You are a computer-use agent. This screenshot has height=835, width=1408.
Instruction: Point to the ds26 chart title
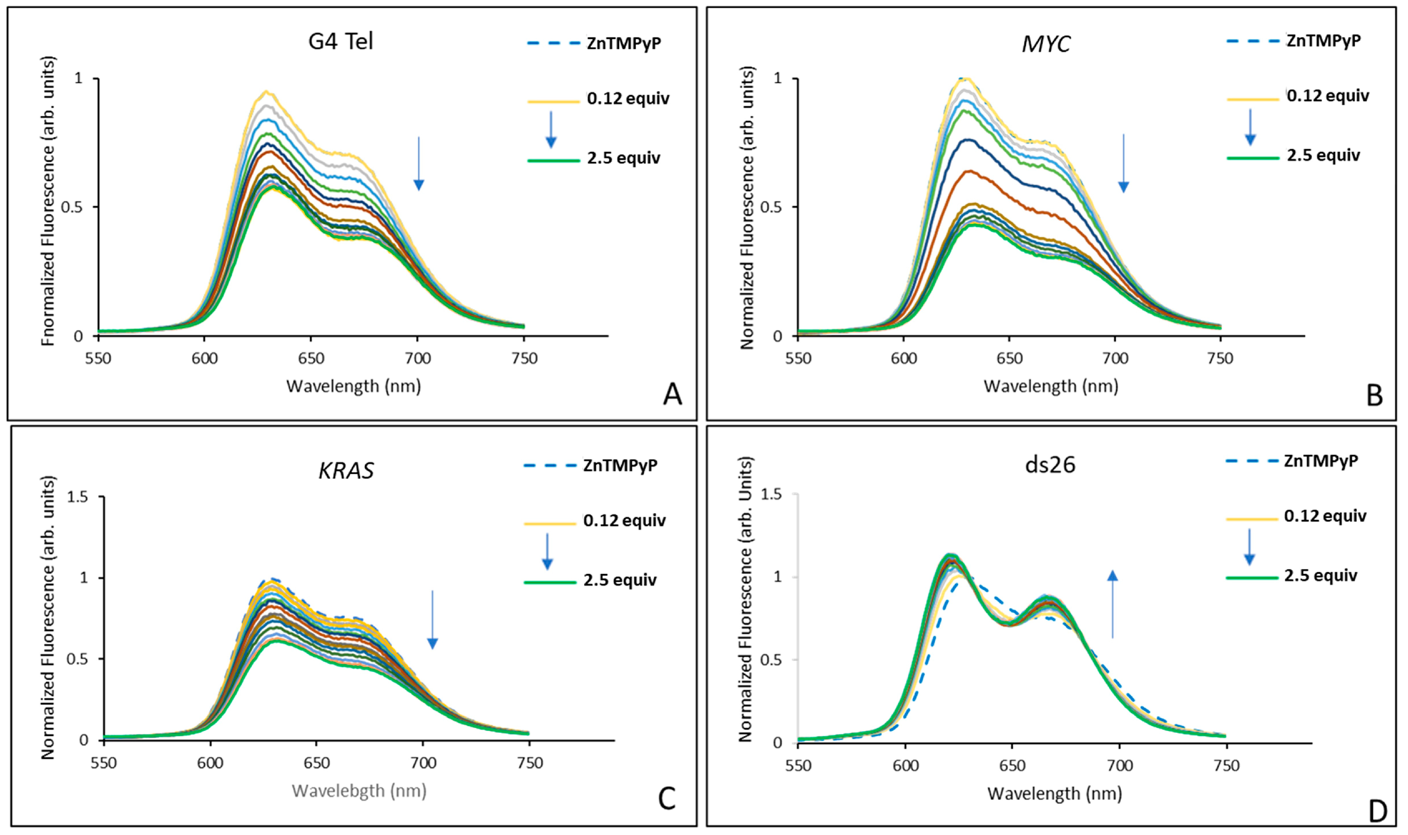pos(1050,465)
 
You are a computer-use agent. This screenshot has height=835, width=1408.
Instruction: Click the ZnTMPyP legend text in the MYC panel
pos(1324,41)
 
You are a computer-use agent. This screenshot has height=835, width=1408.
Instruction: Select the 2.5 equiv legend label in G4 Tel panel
pos(624,158)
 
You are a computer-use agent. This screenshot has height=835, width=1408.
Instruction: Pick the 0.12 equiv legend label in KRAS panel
pos(624,520)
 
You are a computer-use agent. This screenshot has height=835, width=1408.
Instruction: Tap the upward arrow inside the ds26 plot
pos(1112,604)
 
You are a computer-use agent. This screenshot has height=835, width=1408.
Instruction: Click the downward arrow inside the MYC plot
pos(1123,163)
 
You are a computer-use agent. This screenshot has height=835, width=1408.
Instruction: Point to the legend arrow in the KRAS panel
pos(547,551)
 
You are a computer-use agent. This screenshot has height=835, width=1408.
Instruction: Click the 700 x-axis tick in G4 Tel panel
pos(418,359)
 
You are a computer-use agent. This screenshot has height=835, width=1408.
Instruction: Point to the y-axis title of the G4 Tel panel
pos(49,201)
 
